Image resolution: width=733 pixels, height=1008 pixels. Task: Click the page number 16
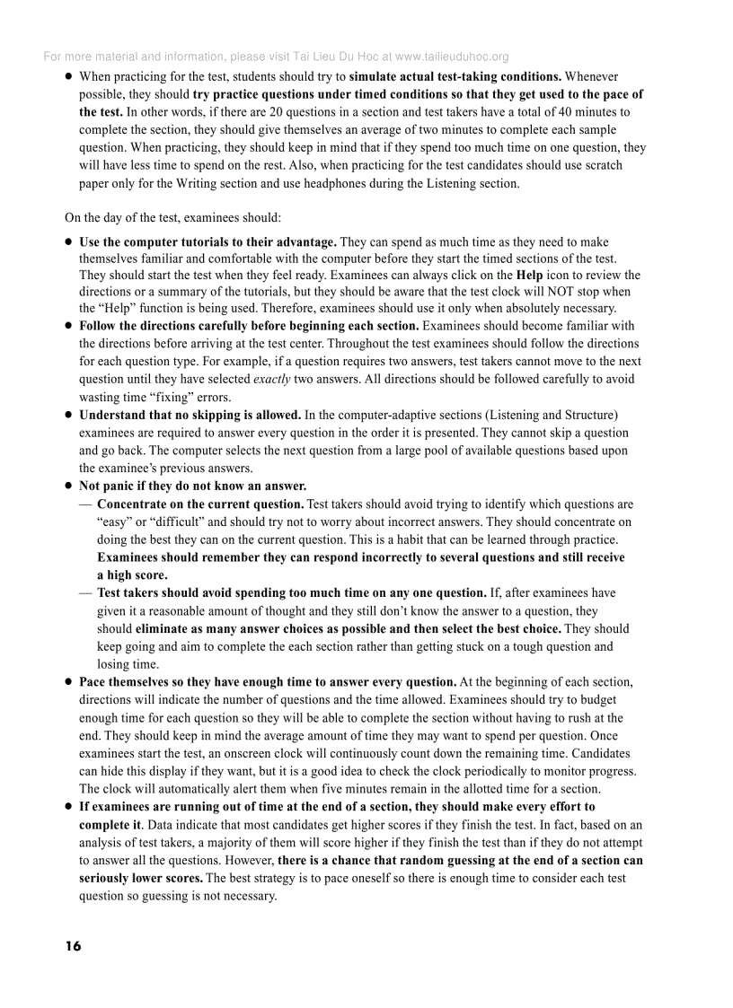tap(73, 946)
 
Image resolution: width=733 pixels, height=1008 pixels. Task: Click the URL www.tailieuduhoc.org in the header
tap(452, 57)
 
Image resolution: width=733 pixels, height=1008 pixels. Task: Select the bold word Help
tap(529, 275)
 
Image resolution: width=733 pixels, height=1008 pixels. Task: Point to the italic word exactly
tap(271, 379)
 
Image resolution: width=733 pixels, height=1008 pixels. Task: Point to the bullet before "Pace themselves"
tap(68, 682)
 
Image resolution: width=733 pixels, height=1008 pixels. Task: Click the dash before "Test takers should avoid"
tap(85, 593)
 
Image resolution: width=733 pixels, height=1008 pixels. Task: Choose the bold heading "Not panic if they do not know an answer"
tap(192, 486)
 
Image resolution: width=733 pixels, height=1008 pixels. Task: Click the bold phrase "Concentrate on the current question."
tap(200, 504)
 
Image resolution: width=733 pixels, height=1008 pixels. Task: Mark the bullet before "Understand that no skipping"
tap(68, 415)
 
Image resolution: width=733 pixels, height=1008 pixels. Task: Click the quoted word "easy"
tap(115, 522)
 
